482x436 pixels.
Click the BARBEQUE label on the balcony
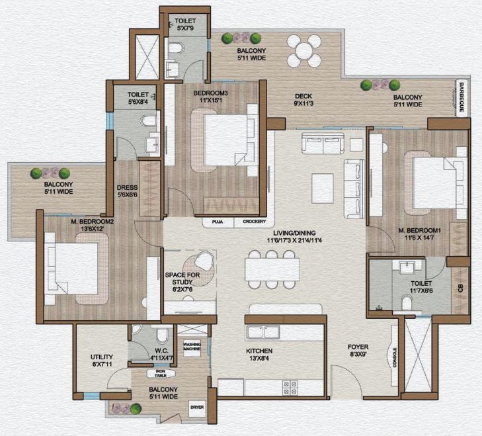click(462, 97)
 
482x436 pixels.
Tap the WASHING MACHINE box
click(192, 347)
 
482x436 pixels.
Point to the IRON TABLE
click(161, 374)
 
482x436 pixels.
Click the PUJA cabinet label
click(218, 222)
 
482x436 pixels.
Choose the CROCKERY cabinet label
click(254, 222)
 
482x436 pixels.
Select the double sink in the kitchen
click(263, 332)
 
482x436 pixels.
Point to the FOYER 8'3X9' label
click(358, 351)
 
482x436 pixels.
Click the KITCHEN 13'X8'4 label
click(259, 355)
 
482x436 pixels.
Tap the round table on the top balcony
click(304, 50)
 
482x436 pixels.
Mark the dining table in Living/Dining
click(272, 269)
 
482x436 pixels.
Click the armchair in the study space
click(204, 260)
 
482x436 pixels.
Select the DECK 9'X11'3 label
click(303, 100)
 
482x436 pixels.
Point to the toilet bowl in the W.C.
click(162, 335)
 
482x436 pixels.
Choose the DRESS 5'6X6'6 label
click(127, 191)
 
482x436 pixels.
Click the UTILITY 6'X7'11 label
click(101, 361)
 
